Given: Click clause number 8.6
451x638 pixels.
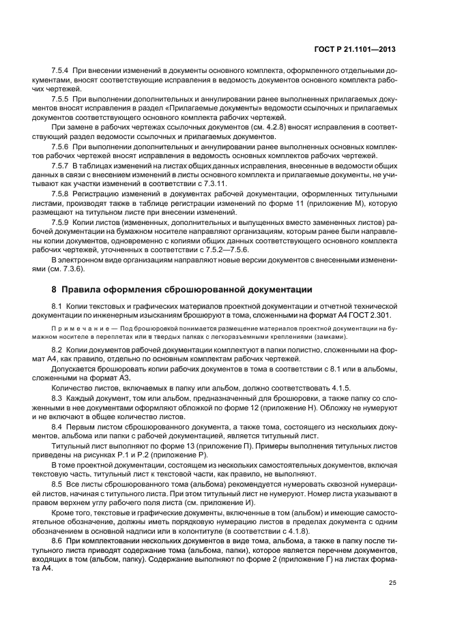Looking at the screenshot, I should click(58, 541).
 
